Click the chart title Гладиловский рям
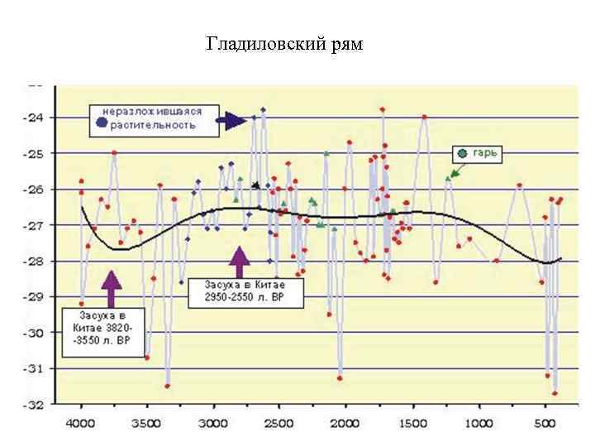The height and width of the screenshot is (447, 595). tap(284, 43)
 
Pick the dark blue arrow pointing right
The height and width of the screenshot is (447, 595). tap(232, 121)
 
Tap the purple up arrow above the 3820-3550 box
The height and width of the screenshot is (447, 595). tap(112, 289)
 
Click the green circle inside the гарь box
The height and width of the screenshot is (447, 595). tap(464, 153)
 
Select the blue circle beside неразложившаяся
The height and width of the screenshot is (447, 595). tap(101, 123)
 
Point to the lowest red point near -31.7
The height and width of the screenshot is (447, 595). tap(555, 393)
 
